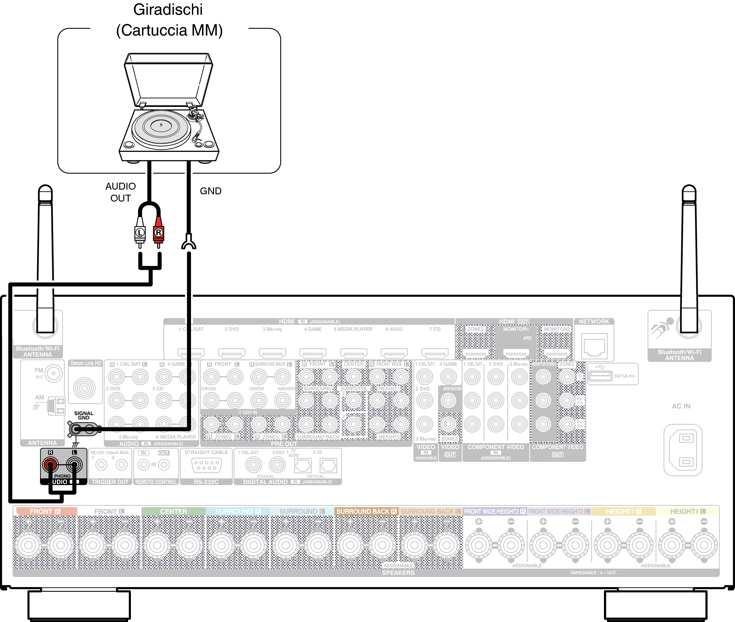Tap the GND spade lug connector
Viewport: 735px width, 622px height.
coord(189,243)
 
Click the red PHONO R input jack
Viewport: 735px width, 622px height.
coord(50,464)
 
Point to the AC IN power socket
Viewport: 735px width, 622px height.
coord(682,450)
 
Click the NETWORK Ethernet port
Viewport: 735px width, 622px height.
coord(594,347)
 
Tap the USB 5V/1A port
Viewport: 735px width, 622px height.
coord(600,375)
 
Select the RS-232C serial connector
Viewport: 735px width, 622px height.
coord(206,465)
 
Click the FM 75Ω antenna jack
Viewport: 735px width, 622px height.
coord(53,373)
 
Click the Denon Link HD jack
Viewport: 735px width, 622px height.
coord(85,388)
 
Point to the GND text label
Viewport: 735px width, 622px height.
coord(211,191)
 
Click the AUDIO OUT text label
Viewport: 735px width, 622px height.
coord(121,192)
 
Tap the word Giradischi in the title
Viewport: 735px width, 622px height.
coord(168,9)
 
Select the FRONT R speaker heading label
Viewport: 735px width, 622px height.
coord(45,511)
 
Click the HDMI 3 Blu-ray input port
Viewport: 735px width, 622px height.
coord(272,353)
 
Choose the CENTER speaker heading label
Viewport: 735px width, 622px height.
coord(173,511)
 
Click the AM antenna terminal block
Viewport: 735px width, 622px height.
coord(56,406)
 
